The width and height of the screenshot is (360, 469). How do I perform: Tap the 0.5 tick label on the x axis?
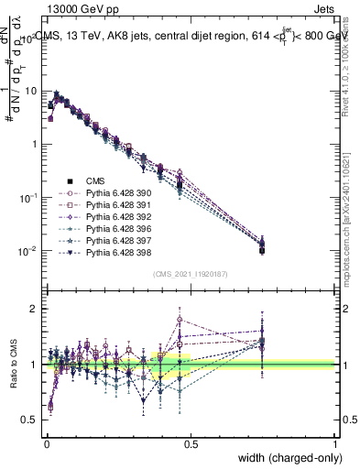(191, 443)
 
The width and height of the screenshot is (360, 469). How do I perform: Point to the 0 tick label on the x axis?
(46, 443)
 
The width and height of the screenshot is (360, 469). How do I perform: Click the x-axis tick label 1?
(335, 443)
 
